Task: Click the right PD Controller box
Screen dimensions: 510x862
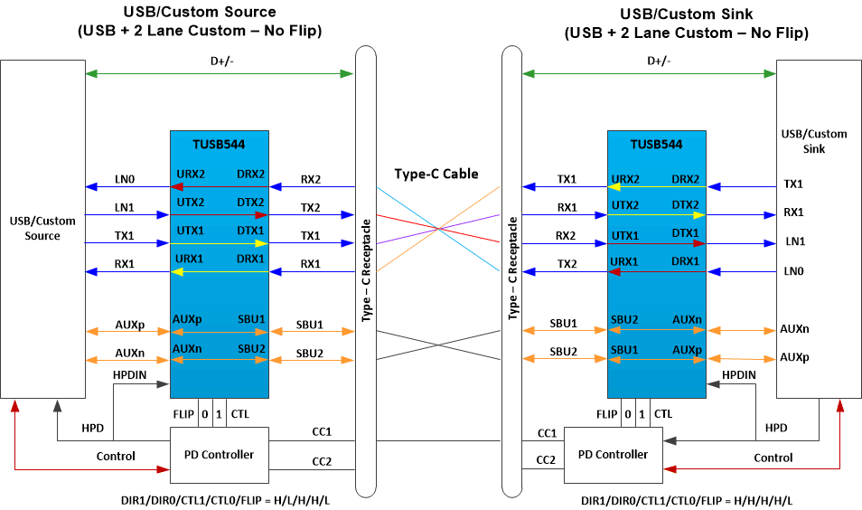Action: coord(613,454)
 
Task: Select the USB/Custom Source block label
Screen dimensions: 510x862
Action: coord(42,228)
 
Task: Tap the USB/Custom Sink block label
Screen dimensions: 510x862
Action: coord(802,141)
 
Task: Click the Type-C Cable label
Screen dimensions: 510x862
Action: coord(436,174)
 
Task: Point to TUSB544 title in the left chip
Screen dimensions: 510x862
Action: coord(219,144)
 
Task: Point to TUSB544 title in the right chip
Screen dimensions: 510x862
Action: coord(656,144)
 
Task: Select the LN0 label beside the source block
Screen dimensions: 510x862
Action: coord(125,178)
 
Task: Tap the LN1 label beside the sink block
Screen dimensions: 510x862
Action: coord(793,242)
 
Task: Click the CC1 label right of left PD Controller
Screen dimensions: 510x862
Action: coord(322,433)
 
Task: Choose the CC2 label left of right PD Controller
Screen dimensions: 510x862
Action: coord(545,459)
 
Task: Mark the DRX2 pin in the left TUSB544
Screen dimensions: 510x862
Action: coord(250,174)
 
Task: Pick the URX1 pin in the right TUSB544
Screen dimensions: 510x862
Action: coord(625,261)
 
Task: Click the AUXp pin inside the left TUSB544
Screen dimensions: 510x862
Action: coord(187,318)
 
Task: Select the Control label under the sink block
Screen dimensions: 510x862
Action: coord(773,458)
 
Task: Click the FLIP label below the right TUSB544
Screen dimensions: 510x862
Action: coord(607,414)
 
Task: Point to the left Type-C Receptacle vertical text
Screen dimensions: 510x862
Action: coord(367,269)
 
